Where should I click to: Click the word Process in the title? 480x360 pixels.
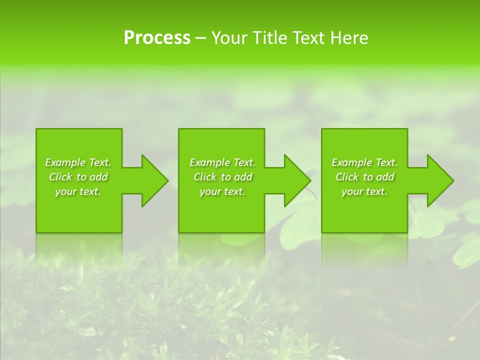click(157, 38)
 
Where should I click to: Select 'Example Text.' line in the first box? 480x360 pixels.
click(78, 162)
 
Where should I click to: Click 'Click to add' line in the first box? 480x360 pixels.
click(78, 177)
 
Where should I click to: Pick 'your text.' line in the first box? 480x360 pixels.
click(78, 191)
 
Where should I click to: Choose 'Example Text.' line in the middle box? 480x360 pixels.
click(222, 162)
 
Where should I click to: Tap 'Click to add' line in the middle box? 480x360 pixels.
click(222, 177)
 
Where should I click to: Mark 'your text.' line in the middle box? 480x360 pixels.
click(222, 191)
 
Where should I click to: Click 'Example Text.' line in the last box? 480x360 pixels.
click(364, 162)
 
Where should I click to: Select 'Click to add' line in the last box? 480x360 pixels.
click(364, 177)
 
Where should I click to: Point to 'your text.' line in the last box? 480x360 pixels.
click(364, 191)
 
